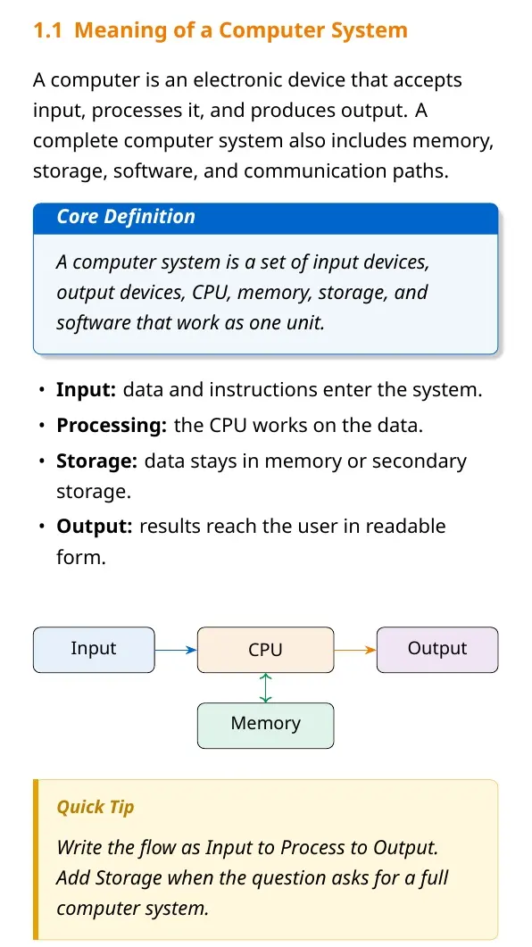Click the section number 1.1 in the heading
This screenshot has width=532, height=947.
(x=47, y=30)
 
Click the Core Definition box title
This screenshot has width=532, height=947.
(x=126, y=216)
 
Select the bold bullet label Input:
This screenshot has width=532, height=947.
(x=86, y=390)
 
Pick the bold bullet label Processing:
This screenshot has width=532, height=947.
(x=111, y=426)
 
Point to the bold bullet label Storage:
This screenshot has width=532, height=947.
(x=96, y=461)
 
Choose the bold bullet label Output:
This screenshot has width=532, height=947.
(x=94, y=526)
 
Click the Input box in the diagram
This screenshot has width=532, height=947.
(x=94, y=650)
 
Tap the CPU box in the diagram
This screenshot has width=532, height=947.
(x=265, y=650)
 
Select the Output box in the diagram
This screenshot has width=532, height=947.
(x=437, y=650)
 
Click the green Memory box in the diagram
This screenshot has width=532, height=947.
(x=265, y=726)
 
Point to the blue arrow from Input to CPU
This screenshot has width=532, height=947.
(x=176, y=650)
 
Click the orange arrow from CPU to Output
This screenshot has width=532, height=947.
(x=355, y=650)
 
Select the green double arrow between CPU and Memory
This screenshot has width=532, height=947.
(x=266, y=688)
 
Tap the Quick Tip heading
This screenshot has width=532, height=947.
(x=96, y=807)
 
